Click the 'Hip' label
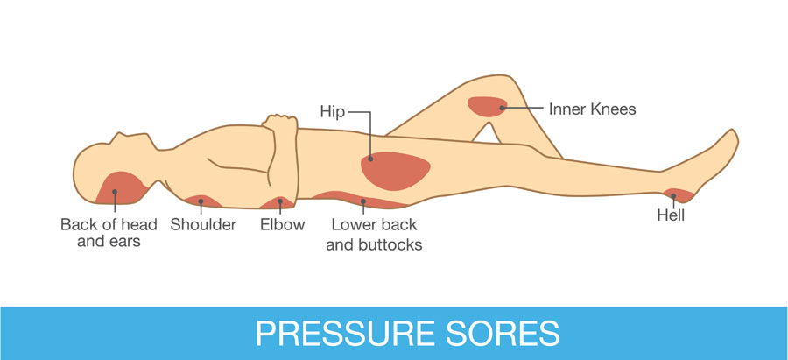coord(333,111)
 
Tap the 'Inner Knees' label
coord(593,109)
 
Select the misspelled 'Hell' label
coord(672,215)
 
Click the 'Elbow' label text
coord(283,224)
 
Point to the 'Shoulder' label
coord(203,224)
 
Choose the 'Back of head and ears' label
coord(109,232)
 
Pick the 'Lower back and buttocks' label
coord(374,235)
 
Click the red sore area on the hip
coord(396,171)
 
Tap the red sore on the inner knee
coord(488,107)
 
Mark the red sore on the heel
coord(679,195)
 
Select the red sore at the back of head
coord(120,187)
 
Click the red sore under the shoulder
coord(203,201)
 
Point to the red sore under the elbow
coord(278,202)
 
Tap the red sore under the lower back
coord(359,200)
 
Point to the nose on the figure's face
coord(119,137)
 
